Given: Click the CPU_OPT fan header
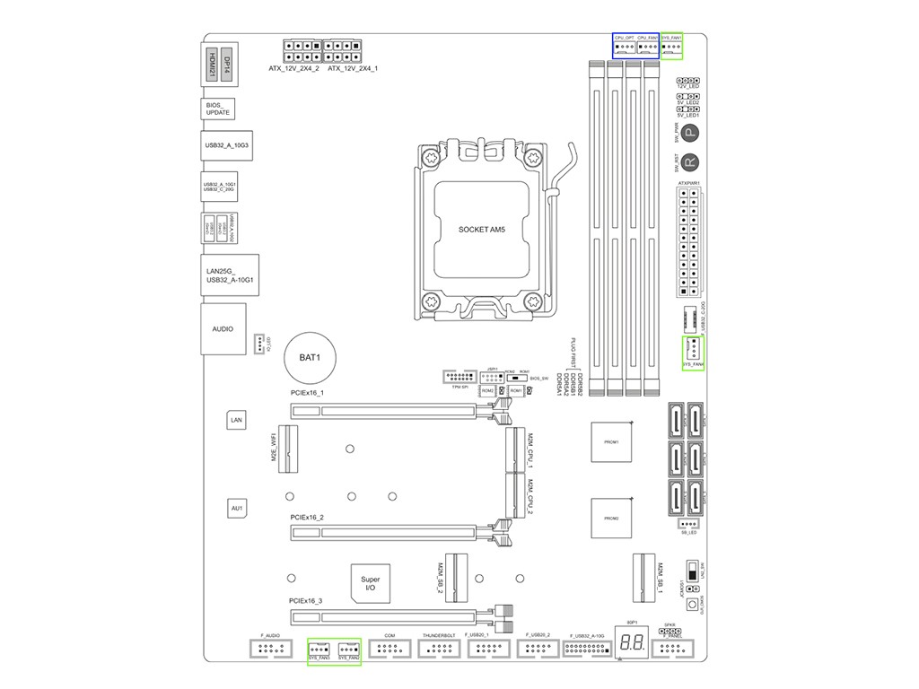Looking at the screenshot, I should (x=625, y=47).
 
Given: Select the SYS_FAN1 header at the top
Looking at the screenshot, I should (x=671, y=47).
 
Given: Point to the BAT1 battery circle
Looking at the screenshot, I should (x=310, y=357).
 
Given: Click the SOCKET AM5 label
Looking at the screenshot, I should (x=482, y=230).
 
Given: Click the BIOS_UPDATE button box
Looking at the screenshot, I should (x=218, y=109).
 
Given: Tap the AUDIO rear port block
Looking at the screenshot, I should (x=223, y=329).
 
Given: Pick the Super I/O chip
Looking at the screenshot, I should (x=370, y=584).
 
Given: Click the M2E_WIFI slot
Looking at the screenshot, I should (x=287, y=449).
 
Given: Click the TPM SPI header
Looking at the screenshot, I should (x=459, y=376).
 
